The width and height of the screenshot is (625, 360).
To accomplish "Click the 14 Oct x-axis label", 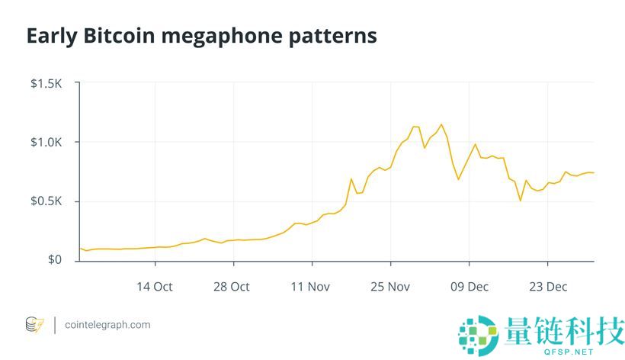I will click(x=154, y=287).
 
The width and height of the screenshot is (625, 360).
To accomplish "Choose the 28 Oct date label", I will click(x=232, y=287).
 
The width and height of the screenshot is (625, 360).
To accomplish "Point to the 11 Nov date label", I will click(x=310, y=287).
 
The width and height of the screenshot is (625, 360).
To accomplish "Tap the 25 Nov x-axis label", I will click(x=389, y=287).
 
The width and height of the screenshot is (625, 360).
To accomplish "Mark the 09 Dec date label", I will click(x=468, y=287).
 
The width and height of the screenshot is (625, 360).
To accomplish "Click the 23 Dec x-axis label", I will click(x=547, y=287).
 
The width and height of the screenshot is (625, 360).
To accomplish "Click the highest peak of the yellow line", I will click(x=441, y=124).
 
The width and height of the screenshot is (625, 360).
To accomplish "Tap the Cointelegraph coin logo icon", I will click(x=35, y=324).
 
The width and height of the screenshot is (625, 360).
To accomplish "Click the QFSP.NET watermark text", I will click(x=562, y=352).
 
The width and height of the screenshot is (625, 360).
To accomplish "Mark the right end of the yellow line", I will click(x=593, y=173).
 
